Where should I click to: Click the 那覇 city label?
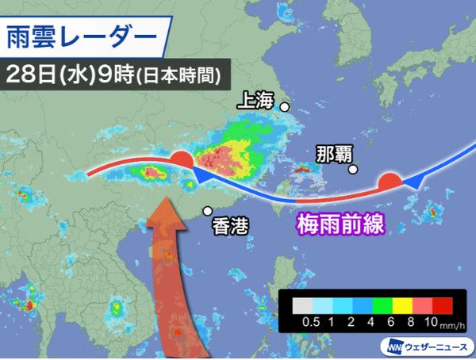tap(330, 153)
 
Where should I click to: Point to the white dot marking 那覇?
tap(353, 167)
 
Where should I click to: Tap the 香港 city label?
tap(231, 226)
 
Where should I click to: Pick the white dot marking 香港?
tap(207, 211)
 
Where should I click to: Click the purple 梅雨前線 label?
tap(340, 224)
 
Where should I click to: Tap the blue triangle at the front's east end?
tap(413, 183)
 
